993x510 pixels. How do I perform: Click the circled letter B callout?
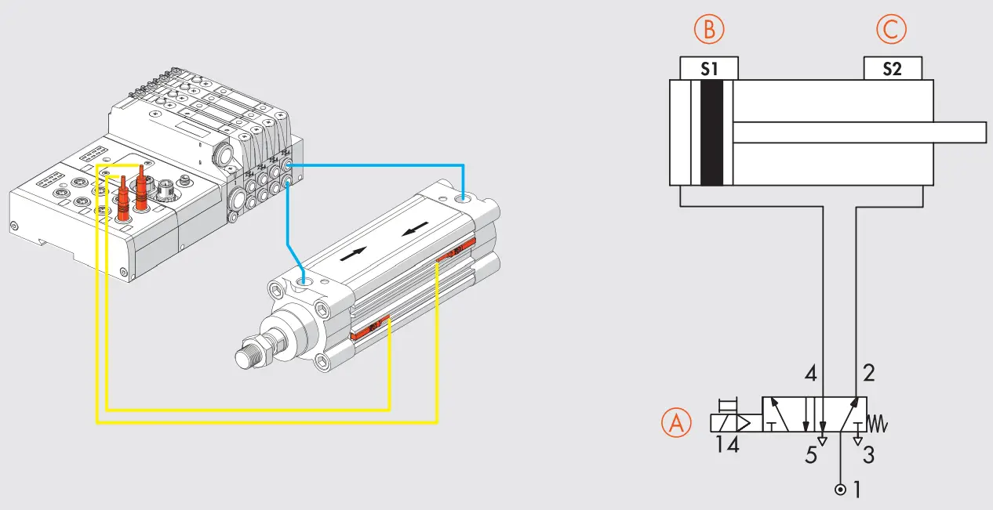(x=709, y=30)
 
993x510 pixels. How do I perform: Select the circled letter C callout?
(x=891, y=30)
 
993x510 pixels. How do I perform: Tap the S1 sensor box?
(x=709, y=69)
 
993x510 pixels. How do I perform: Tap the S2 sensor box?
(x=892, y=69)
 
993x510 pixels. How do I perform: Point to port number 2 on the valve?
(x=868, y=371)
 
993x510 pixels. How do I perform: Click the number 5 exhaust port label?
(x=810, y=455)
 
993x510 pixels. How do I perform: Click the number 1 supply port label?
(x=857, y=490)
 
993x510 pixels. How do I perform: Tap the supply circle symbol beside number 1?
(x=841, y=490)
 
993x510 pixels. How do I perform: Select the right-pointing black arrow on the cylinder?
(x=354, y=255)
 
